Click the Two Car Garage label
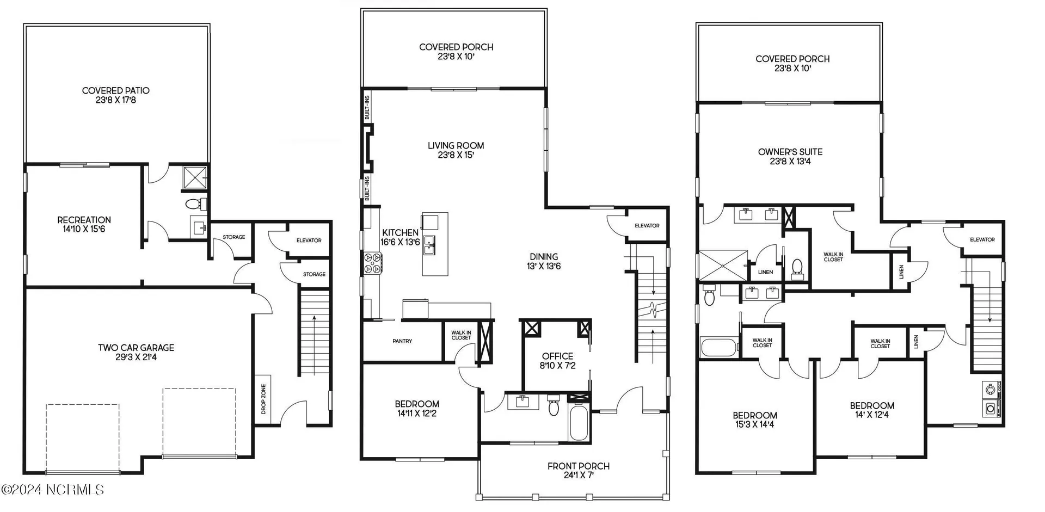pos(136,352)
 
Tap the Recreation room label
pos(84,224)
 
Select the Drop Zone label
pos(263,399)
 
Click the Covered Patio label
pos(115,95)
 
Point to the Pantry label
pos(402,341)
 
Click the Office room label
pos(557,361)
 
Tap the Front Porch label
pos(578,471)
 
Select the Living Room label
pos(456,150)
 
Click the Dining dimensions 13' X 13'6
pos(544,267)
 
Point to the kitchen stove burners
pos(373,262)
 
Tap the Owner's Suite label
pos(790,156)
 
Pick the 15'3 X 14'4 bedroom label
pos(754,420)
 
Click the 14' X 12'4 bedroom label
pos(872,410)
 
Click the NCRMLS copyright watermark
pos(52,490)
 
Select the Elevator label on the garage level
pos(309,240)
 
